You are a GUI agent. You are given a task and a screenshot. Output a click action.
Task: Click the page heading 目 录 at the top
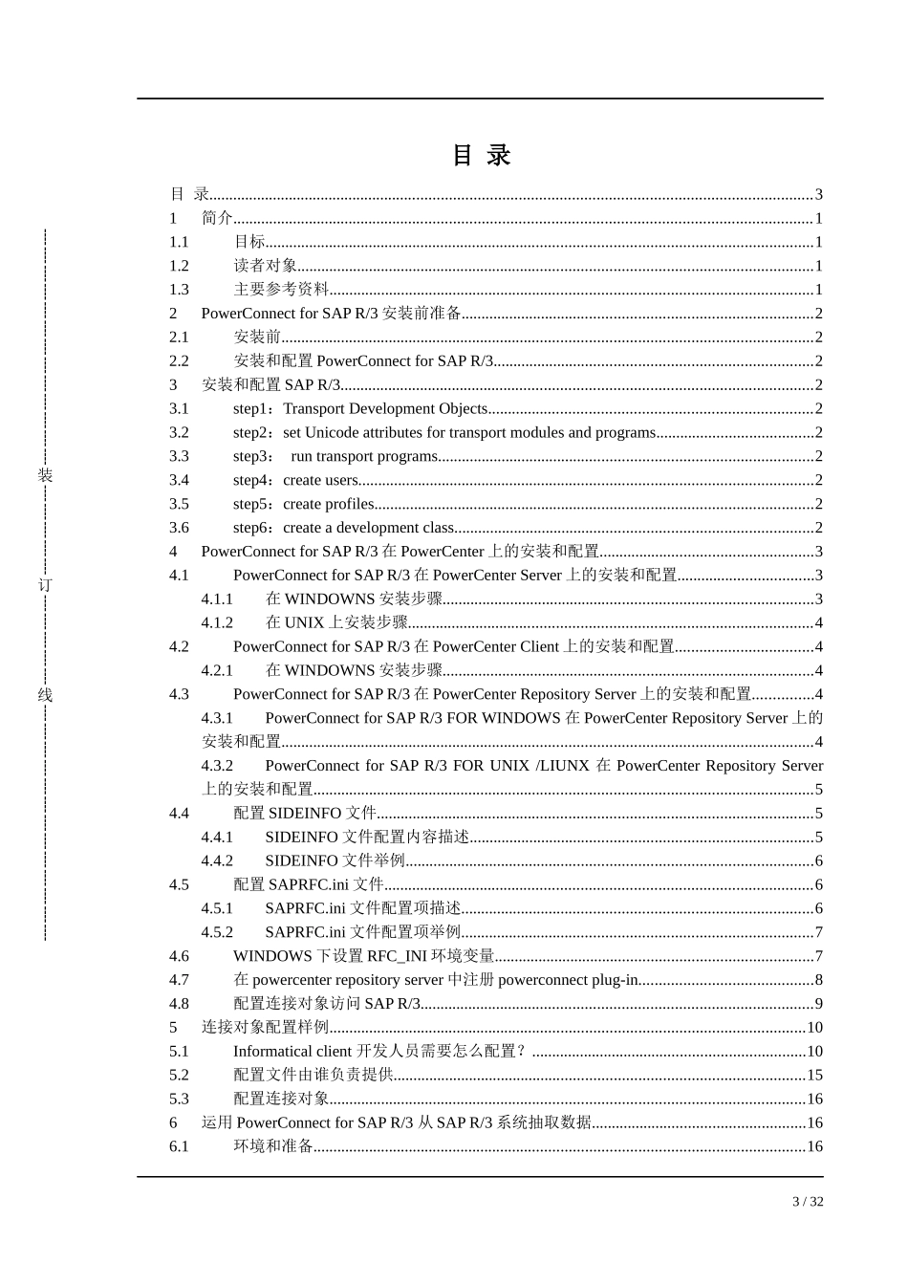tap(482, 155)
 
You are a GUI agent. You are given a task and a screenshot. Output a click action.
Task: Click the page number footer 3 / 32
tap(808, 1202)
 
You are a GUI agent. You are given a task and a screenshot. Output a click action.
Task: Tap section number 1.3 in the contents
tap(179, 290)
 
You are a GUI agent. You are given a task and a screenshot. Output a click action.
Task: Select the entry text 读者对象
tap(265, 266)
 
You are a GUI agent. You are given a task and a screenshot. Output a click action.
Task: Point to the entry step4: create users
tap(295, 480)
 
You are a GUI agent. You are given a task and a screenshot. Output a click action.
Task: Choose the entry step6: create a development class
tap(343, 528)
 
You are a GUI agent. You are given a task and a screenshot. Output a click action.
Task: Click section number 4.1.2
tap(217, 622)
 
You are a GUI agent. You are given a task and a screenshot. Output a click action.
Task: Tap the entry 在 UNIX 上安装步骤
tap(336, 622)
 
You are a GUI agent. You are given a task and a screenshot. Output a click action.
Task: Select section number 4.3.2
tap(217, 766)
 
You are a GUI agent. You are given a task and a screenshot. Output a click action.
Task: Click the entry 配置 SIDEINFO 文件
tap(305, 814)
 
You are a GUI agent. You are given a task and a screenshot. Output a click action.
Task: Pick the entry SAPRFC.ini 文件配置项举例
tap(362, 932)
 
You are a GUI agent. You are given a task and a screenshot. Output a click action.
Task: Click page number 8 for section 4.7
tap(818, 980)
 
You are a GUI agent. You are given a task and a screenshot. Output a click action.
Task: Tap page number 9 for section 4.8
tap(818, 1004)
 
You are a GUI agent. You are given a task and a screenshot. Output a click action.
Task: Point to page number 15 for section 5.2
tap(814, 1076)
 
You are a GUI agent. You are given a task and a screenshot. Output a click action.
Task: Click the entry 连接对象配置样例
tap(265, 1028)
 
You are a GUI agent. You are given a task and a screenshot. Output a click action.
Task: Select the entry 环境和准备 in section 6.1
tap(273, 1146)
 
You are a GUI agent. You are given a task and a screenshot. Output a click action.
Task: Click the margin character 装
tap(45, 475)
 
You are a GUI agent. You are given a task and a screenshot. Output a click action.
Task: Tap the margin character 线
tap(45, 695)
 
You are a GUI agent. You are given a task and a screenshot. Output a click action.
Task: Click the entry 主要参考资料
tap(281, 290)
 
